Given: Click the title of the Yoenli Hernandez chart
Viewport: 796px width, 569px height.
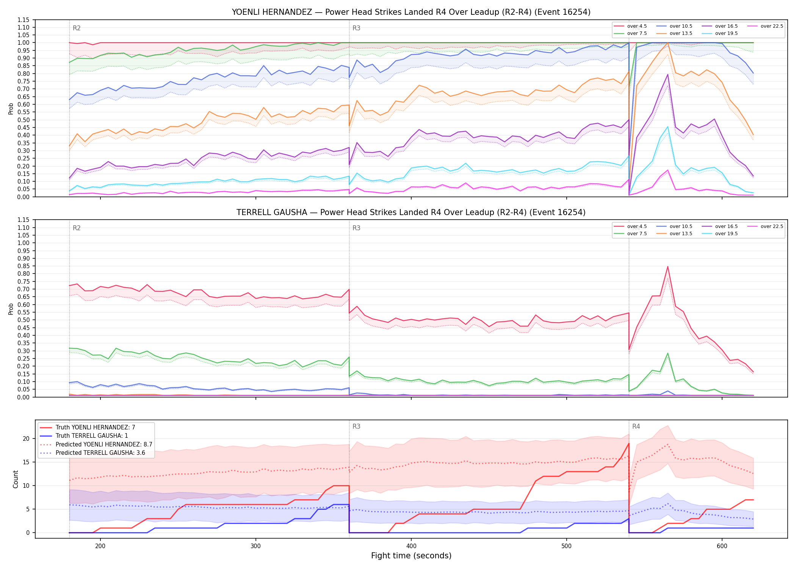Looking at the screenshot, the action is [411, 12].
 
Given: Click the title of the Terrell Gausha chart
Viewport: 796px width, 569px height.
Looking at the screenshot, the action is [411, 212].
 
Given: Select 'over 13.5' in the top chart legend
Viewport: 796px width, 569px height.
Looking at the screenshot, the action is [681, 33].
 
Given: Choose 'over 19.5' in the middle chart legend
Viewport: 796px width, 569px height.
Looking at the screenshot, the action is [726, 234].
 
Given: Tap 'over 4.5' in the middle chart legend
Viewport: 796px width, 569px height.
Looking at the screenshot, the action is [637, 226].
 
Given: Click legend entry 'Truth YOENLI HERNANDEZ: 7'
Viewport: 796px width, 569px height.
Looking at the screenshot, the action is [95, 428].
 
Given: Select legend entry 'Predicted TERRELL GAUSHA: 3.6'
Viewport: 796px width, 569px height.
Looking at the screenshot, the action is [100, 453].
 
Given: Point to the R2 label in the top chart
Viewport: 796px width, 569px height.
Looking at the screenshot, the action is [77, 28].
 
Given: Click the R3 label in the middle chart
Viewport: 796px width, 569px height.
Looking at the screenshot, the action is [356, 228].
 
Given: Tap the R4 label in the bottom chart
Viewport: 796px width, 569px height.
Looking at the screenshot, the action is [636, 426].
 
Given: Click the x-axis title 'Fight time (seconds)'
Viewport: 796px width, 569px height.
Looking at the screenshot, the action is [411, 556].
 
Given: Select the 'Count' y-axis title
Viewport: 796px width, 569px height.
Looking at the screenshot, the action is [16, 479].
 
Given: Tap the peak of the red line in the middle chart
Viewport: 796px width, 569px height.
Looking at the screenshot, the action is [668, 266].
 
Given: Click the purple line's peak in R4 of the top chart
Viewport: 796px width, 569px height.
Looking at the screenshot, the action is [668, 74].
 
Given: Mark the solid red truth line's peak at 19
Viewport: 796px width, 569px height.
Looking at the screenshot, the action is [629, 443].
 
